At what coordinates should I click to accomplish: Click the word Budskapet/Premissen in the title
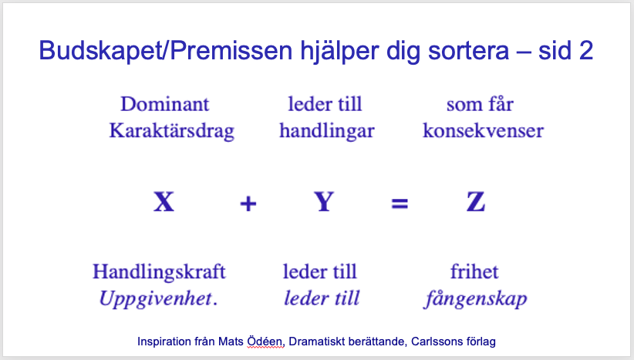[165, 51]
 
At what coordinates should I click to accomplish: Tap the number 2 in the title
[586, 51]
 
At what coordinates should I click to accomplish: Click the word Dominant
[165, 104]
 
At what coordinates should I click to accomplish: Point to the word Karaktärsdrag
[172, 131]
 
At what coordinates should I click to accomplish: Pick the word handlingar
[327, 131]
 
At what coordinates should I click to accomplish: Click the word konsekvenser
[483, 130]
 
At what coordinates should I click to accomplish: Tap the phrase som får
[480, 104]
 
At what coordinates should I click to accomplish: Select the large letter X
[164, 202]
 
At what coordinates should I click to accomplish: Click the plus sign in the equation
[248, 204]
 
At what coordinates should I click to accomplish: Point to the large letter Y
[324, 202]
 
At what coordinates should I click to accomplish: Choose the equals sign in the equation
[400, 204]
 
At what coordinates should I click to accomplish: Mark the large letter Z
[476, 202]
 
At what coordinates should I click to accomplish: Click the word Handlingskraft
[159, 271]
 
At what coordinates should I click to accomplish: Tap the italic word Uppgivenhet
[156, 299]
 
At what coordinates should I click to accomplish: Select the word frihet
[474, 271]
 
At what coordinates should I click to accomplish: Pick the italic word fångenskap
[476, 299]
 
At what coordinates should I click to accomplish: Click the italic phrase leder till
[322, 298]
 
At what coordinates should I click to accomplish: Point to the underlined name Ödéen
[265, 341]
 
